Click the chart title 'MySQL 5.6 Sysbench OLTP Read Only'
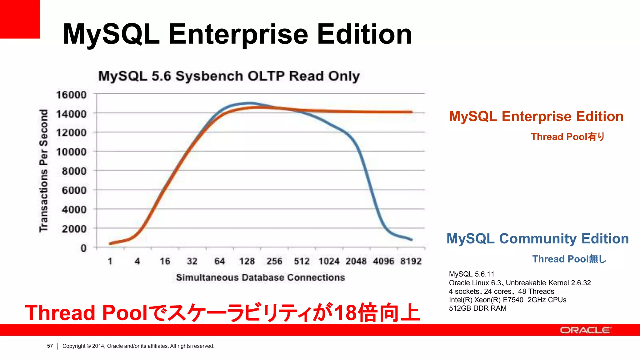click(229, 76)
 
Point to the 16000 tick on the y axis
click(71, 95)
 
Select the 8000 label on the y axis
click(74, 171)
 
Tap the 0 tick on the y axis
click(83, 248)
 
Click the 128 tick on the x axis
click(247, 261)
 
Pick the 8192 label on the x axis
click(411, 261)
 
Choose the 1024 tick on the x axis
click(329, 261)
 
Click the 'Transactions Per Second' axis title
click(44, 171)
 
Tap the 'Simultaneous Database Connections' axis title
click(260, 277)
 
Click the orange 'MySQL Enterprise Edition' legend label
click(536, 117)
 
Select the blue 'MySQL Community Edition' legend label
click(537, 239)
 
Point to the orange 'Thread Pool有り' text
click(567, 137)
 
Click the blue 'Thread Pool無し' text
click(569, 259)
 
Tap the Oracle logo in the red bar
click(585, 330)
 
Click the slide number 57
click(50, 346)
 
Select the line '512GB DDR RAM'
click(477, 308)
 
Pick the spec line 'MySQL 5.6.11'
click(472, 274)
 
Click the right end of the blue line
click(411, 240)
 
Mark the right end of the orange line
click(412, 112)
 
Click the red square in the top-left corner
click(20, 19)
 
